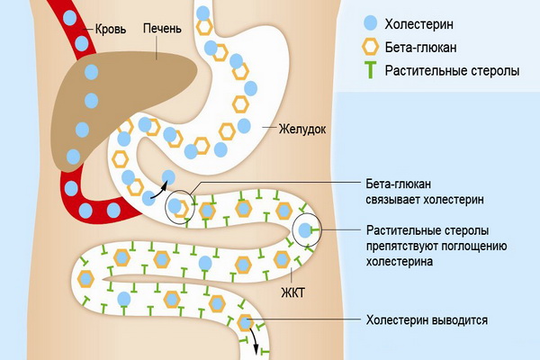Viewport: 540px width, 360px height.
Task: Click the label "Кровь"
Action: (109, 29)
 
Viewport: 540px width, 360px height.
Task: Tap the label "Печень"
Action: (162, 29)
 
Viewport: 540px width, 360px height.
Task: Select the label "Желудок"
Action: (301, 129)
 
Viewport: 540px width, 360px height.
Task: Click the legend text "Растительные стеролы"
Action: (451, 70)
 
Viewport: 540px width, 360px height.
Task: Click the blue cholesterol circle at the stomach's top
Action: (204, 13)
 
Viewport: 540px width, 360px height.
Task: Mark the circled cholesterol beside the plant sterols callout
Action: (307, 230)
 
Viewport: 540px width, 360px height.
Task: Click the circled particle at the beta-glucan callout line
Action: (179, 207)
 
